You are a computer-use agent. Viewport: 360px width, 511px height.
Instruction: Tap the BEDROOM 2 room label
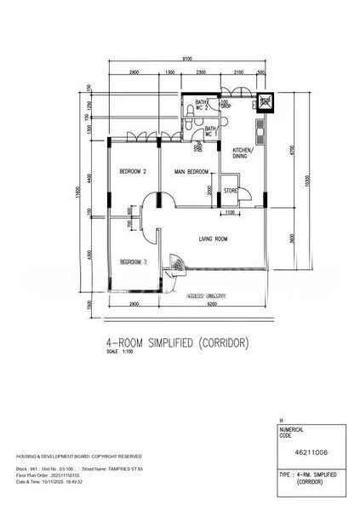coord(133,171)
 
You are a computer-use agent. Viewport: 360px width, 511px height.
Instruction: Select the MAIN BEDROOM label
coord(191,171)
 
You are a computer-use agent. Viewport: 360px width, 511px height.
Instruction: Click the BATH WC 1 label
coord(208,131)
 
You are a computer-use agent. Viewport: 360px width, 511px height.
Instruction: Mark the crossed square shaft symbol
coord(265,100)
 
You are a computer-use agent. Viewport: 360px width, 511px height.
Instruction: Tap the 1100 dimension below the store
coord(231,213)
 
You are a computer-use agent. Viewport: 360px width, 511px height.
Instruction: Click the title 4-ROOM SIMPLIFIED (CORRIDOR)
coord(177,343)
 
